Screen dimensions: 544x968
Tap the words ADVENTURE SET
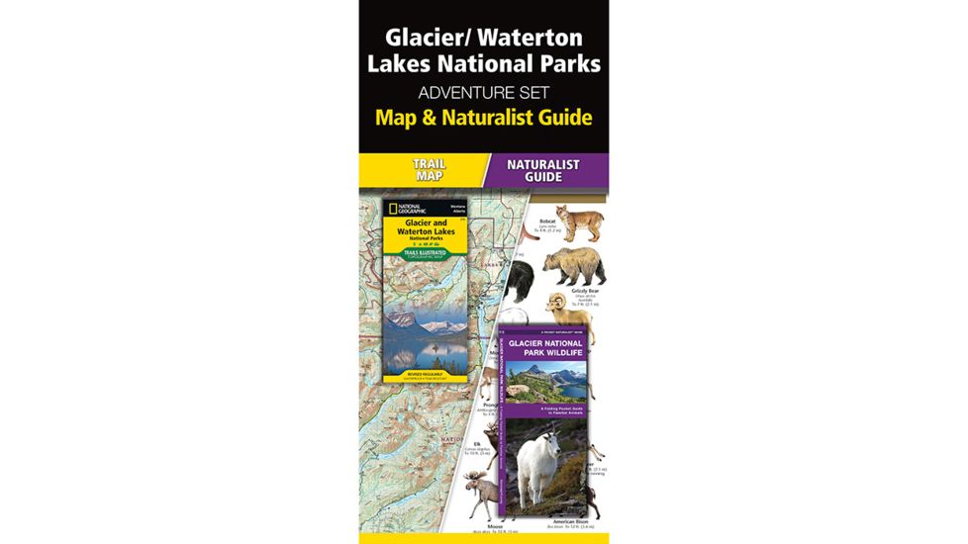click(483, 94)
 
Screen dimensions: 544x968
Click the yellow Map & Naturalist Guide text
click(483, 119)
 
